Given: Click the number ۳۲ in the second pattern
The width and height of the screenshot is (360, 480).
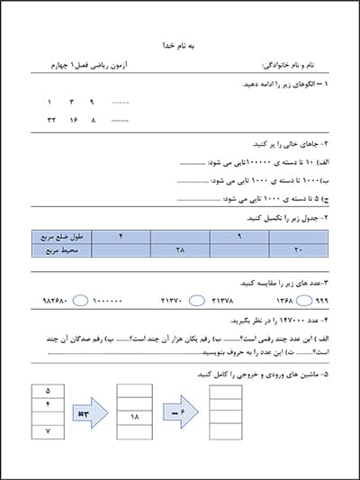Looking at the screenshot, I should (x=51, y=119).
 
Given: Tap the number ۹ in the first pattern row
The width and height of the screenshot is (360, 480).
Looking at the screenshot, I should (x=91, y=103).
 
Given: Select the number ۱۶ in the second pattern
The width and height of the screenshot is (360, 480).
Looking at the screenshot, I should (x=73, y=119).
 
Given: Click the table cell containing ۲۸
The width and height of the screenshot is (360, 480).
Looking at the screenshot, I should (x=179, y=249).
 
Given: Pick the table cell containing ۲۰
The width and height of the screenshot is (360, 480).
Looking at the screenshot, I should (x=298, y=249).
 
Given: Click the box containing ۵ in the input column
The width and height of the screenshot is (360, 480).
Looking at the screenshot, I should (x=47, y=392).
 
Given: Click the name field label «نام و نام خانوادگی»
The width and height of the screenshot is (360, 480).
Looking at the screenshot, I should (x=287, y=66).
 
